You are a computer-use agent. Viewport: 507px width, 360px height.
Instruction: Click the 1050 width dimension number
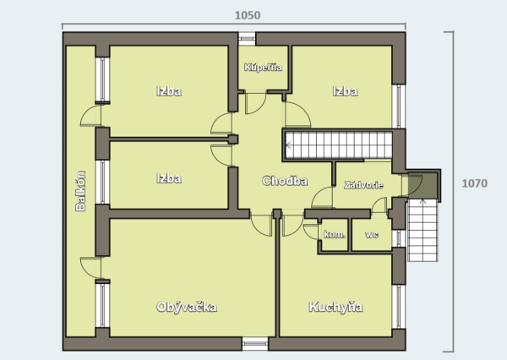click(248, 15)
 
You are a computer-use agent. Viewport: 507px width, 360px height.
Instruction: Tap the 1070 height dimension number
click(474, 183)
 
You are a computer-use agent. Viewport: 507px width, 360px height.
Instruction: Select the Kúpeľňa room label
click(263, 68)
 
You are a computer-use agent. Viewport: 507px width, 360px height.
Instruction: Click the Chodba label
click(285, 181)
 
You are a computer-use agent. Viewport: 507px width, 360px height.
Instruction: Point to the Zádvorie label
click(363, 185)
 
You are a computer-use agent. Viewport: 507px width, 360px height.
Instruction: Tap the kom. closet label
click(335, 234)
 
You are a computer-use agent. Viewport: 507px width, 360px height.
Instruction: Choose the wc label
click(372, 234)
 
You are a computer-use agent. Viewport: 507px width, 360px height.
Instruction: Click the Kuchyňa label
click(335, 307)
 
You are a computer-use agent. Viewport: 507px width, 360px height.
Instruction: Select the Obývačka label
click(187, 307)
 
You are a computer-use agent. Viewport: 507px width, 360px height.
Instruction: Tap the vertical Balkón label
click(80, 191)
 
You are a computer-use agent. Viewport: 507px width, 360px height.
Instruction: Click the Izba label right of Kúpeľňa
click(345, 91)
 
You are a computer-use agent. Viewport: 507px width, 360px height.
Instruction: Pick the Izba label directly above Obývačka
click(169, 178)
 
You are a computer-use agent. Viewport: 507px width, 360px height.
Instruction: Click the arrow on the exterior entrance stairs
click(422, 203)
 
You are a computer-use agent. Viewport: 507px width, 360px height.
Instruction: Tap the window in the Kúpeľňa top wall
click(247, 39)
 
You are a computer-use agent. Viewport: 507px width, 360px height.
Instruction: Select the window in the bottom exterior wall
click(255, 344)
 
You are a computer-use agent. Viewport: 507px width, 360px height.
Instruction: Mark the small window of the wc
click(399, 238)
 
